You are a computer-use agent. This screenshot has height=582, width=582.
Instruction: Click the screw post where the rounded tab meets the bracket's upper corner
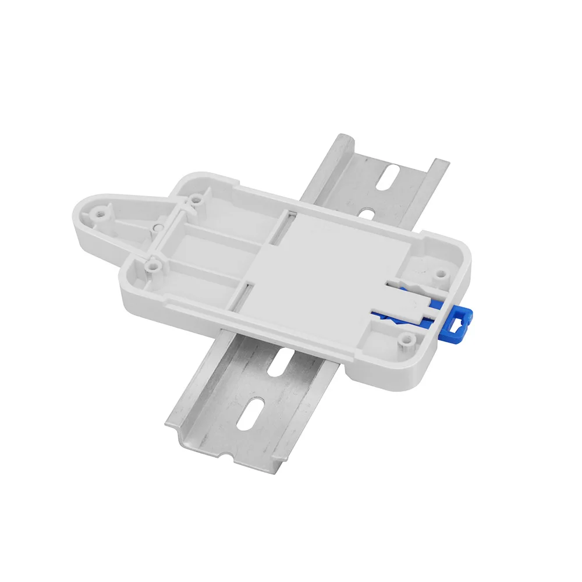coord(196,200)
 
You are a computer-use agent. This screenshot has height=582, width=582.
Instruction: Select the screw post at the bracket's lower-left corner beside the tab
coord(152,265)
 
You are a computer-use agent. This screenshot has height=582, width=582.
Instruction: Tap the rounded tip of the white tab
coord(81,218)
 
